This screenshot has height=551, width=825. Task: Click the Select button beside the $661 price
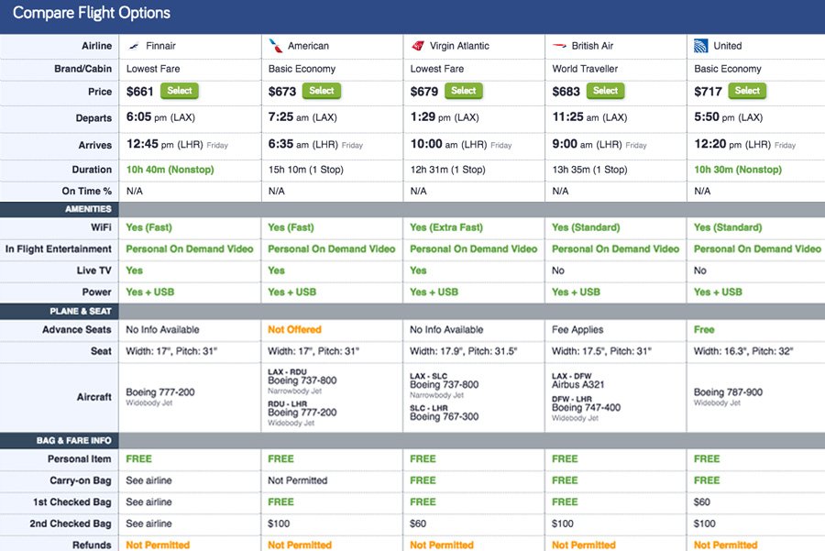(x=180, y=91)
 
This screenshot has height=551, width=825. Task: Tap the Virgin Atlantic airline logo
(x=418, y=46)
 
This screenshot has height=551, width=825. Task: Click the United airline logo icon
(x=701, y=46)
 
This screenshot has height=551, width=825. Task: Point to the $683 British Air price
(x=566, y=92)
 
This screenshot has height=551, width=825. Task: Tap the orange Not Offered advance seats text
(x=294, y=329)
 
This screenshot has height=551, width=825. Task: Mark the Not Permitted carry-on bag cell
(x=299, y=480)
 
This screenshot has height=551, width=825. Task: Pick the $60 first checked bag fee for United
(x=703, y=502)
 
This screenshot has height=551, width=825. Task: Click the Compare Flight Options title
(x=92, y=14)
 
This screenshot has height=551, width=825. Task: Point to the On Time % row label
(x=87, y=191)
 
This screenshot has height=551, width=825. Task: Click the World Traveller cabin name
(x=585, y=69)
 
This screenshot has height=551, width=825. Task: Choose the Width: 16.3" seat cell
(x=743, y=351)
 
